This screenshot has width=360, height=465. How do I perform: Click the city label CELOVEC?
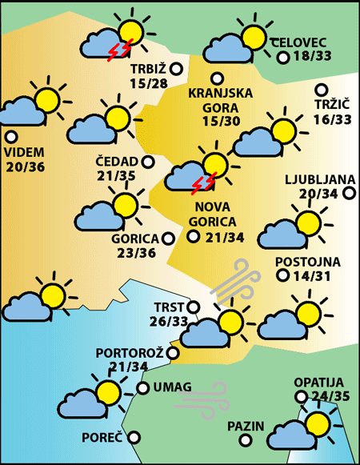click(299, 42)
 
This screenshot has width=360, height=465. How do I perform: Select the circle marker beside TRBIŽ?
click(177, 70)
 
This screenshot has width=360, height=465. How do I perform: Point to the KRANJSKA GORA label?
click(220, 99)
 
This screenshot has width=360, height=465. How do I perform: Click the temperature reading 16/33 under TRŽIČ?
click(332, 119)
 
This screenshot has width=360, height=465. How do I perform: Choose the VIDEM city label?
click(25, 152)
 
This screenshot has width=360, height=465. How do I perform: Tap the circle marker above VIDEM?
click(10, 137)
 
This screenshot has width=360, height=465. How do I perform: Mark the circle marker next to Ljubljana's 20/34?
click(349, 193)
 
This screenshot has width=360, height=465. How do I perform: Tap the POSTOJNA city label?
click(307, 262)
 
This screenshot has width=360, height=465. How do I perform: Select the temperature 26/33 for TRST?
click(169, 321)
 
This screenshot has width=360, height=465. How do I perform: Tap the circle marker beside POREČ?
click(134, 437)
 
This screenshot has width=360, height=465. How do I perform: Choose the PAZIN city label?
click(245, 426)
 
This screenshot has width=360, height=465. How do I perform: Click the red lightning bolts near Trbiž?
click(119, 52)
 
